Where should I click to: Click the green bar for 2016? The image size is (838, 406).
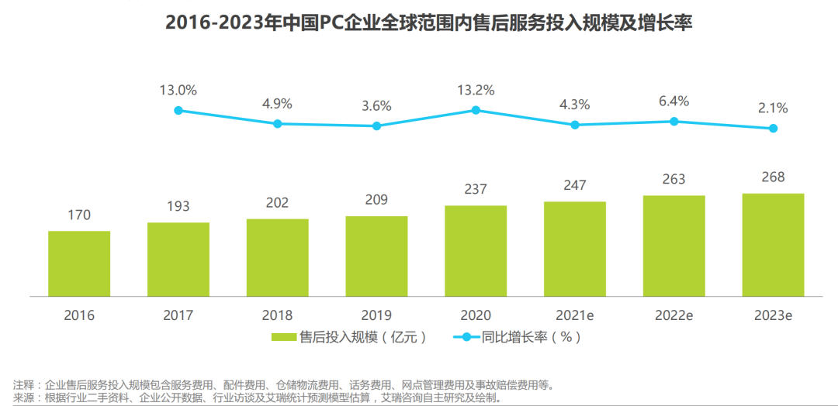tap(79, 263)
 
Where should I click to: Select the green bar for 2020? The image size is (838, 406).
tap(476, 250)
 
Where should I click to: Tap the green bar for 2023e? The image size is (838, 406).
tap(773, 245)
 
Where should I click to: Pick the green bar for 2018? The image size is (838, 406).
tap(277, 257)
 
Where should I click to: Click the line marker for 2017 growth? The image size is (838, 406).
tap(178, 111)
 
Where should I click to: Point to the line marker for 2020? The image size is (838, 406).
tap(476, 110)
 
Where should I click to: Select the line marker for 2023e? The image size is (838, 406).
tap(773, 129)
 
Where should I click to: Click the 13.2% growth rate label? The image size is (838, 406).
tap(476, 90)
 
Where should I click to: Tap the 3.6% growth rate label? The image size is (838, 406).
tap(376, 105)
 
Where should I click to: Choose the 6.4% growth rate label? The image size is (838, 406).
tap(674, 101)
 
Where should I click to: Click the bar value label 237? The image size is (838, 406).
tap(476, 190)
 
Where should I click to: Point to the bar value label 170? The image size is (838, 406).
tap(79, 215)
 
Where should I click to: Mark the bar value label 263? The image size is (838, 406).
tap(674, 179)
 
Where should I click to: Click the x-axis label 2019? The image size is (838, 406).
tap(376, 315)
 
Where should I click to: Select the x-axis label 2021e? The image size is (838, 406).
tap(574, 315)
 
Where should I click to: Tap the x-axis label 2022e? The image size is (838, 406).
tap(674, 315)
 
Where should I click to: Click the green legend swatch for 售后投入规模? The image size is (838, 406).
tap(285, 337)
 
